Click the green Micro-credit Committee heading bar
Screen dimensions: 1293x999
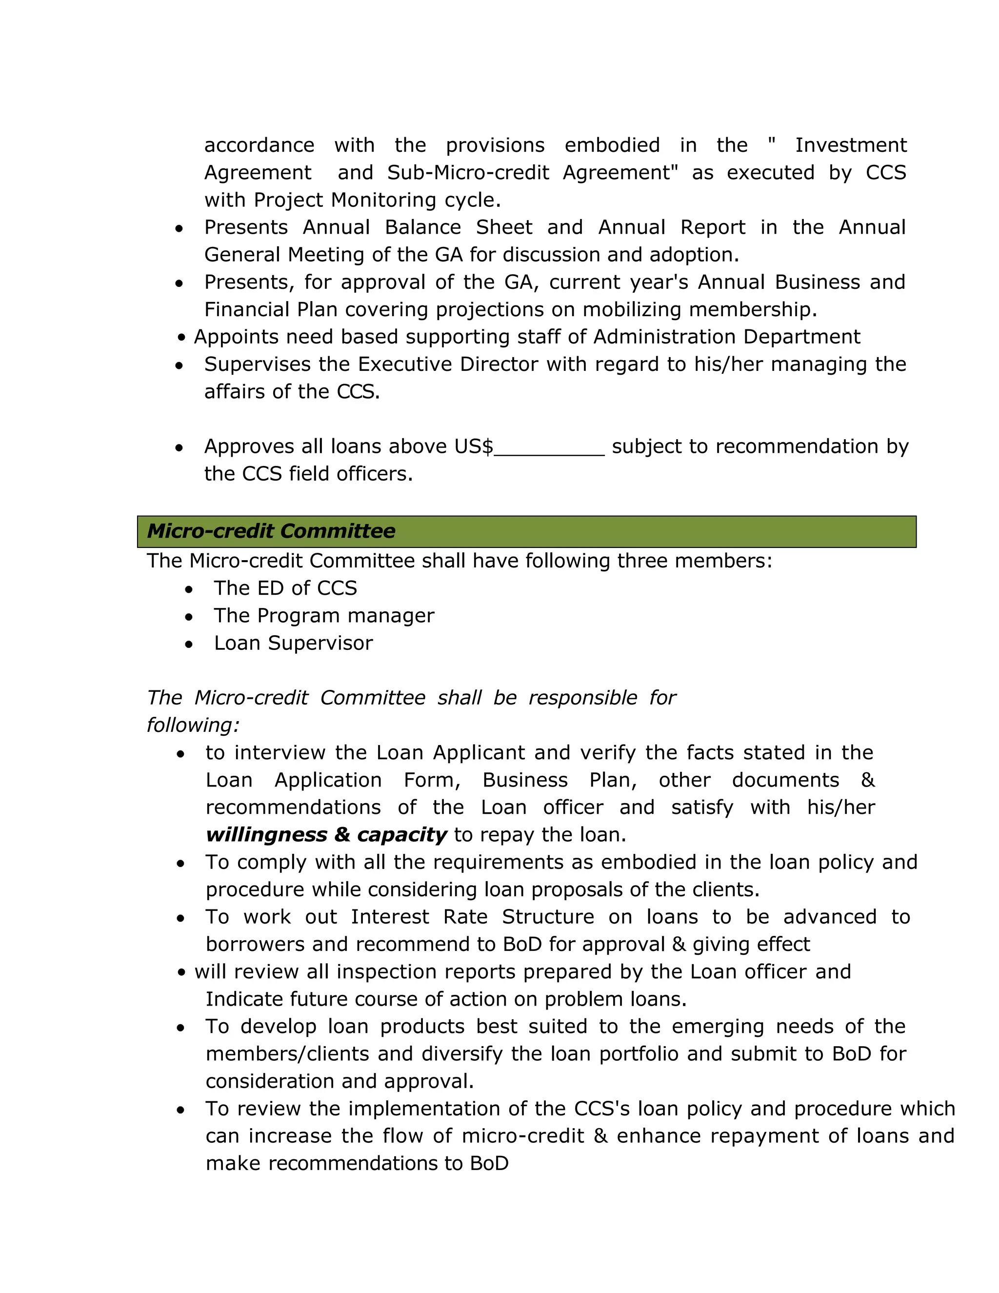tap(526, 531)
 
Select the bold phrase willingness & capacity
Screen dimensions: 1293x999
tap(326, 835)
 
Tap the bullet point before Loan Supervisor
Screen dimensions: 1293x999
tap(189, 644)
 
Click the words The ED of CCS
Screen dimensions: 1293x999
tap(285, 588)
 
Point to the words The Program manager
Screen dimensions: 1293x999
tap(324, 616)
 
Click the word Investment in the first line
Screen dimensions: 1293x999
tap(850, 145)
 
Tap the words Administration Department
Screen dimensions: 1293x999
tap(726, 337)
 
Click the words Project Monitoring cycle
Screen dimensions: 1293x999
tap(377, 200)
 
